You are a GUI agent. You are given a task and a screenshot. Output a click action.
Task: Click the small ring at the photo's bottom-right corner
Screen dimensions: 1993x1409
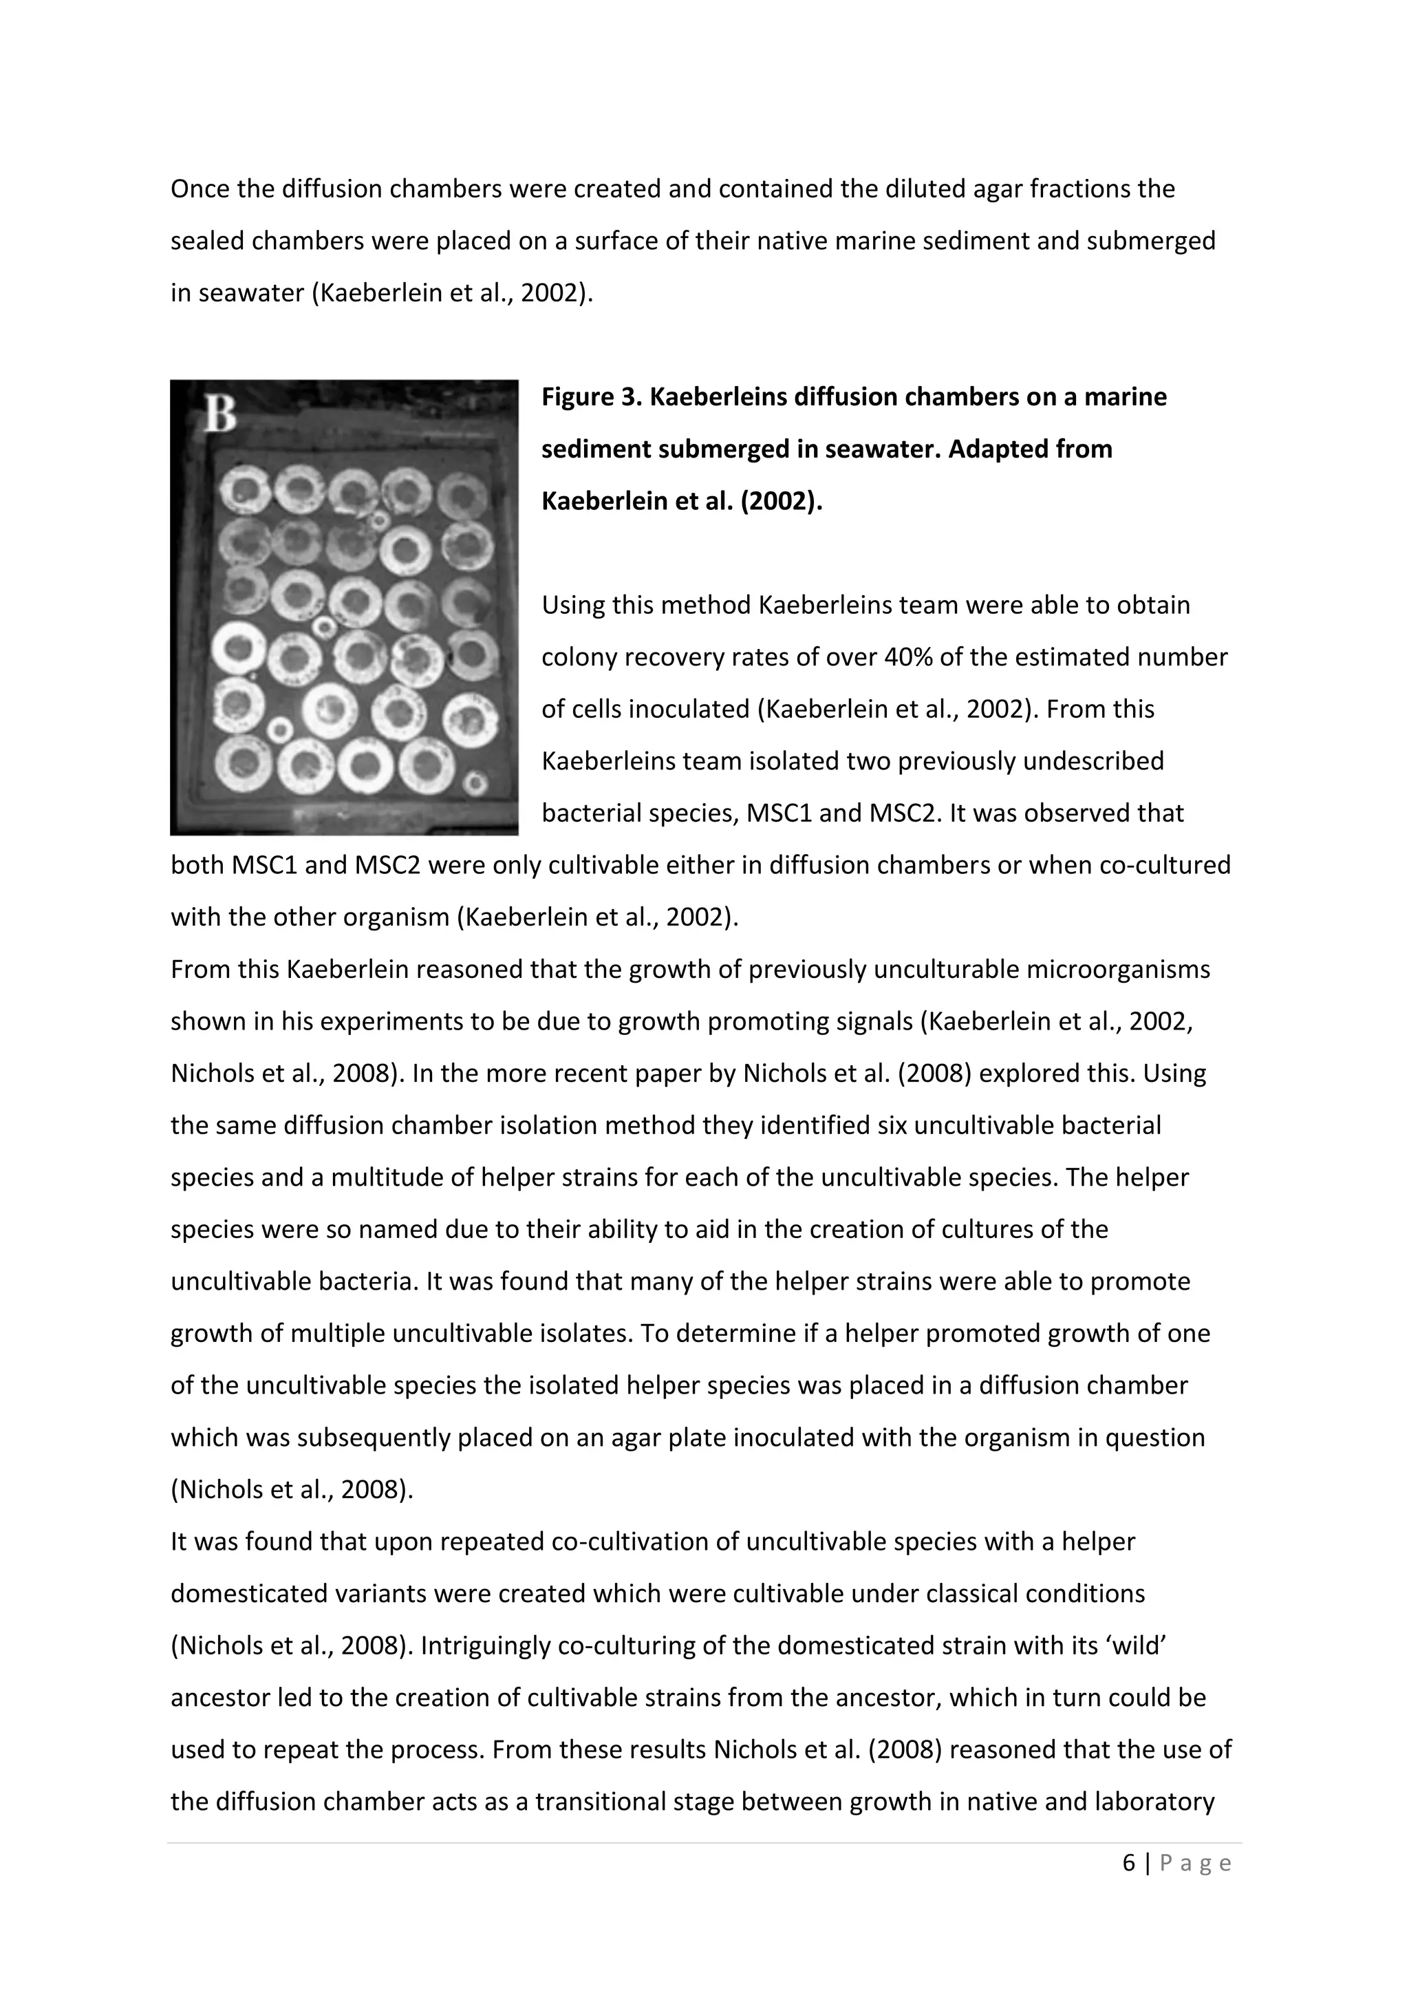(475, 784)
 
